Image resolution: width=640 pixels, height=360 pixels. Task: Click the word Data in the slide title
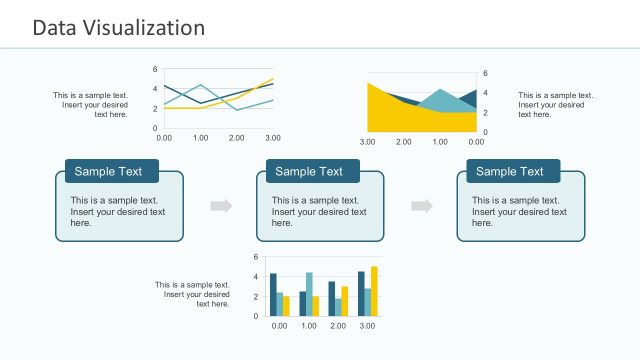click(54, 28)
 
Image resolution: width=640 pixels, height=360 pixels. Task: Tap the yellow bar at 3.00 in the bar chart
click(374, 292)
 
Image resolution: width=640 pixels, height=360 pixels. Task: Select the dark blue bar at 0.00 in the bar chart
click(273, 295)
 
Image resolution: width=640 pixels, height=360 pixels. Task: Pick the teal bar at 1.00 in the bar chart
click(309, 294)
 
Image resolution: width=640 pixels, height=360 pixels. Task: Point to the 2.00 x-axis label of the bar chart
click(338, 326)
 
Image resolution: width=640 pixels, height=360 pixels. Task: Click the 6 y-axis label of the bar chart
click(256, 258)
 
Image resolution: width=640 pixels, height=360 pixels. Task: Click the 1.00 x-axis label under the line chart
click(200, 137)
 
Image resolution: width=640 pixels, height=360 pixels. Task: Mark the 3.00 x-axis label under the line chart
click(272, 137)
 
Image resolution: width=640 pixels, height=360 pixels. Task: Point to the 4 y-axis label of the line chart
click(155, 89)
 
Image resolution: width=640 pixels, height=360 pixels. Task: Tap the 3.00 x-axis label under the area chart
click(367, 142)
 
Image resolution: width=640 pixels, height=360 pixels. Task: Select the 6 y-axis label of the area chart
click(485, 74)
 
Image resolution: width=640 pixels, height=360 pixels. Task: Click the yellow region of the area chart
click(390, 115)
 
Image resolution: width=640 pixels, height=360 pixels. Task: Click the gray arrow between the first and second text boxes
click(221, 206)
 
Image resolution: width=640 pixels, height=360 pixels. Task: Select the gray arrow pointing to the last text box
click(422, 206)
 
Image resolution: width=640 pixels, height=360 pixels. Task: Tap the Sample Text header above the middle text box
click(309, 171)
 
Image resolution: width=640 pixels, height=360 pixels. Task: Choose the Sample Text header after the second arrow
click(510, 171)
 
